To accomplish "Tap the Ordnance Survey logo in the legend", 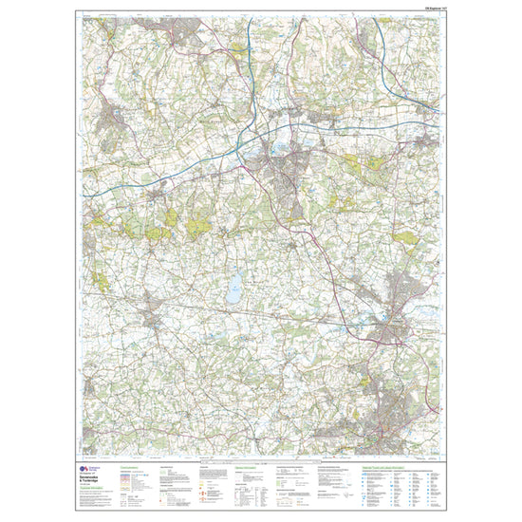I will (84, 468).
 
